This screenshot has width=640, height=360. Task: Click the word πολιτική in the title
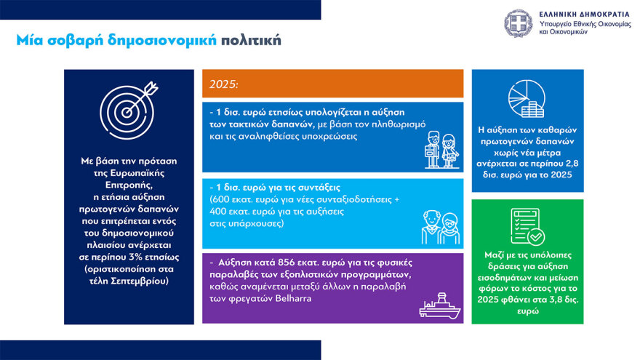tap(251, 40)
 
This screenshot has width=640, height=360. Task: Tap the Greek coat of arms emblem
tap(519, 23)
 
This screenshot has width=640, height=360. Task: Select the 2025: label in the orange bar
tap(224, 84)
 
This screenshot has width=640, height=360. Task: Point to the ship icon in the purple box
tap(441, 305)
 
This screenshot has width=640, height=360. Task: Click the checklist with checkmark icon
tap(527, 226)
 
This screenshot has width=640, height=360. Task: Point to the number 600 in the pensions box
tap(222, 199)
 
